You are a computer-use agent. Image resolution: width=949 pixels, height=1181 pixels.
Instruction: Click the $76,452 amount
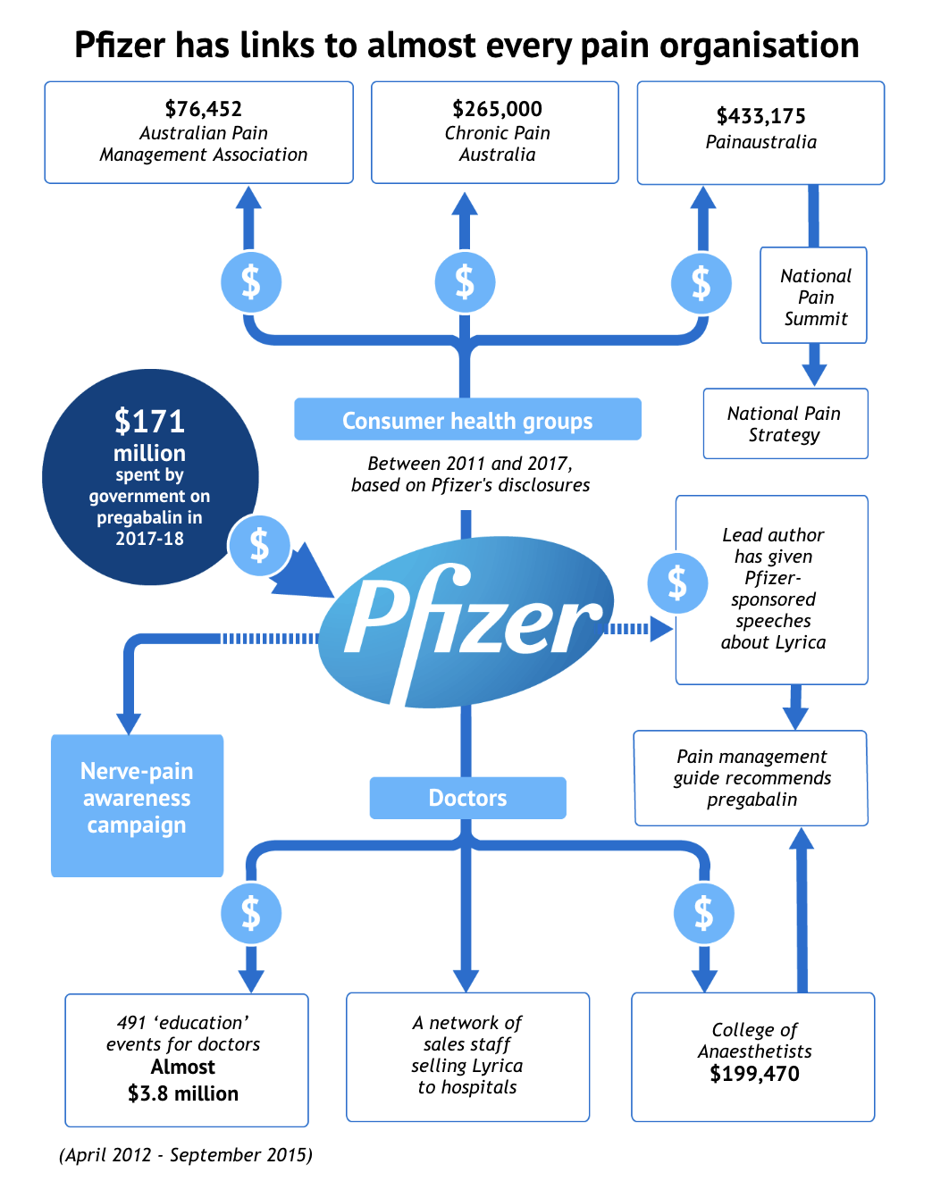(x=204, y=109)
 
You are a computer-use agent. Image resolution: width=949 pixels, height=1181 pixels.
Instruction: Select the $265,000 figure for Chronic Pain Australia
(x=497, y=109)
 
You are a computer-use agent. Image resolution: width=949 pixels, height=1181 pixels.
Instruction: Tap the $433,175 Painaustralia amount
(x=760, y=116)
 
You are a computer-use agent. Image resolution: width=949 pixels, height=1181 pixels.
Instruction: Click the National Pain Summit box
(x=815, y=297)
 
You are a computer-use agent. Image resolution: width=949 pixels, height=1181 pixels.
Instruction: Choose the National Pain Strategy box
(x=785, y=423)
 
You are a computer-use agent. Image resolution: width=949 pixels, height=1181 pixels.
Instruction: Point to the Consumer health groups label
(x=467, y=420)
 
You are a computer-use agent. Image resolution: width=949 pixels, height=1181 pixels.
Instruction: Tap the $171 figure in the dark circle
(x=149, y=421)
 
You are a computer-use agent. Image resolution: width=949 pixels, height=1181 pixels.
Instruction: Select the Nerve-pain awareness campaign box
(x=137, y=798)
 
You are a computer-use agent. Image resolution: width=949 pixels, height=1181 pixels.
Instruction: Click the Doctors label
(x=467, y=798)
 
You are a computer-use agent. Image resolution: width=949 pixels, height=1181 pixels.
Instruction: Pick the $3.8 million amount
(x=183, y=1093)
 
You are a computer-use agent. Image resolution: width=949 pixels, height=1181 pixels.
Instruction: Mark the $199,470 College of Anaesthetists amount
(x=754, y=1074)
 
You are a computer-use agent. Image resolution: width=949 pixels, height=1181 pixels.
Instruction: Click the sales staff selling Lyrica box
(x=467, y=1056)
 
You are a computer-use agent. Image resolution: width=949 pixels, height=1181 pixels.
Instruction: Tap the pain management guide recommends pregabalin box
(x=752, y=778)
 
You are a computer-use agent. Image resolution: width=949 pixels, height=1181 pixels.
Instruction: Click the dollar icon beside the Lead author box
(x=677, y=583)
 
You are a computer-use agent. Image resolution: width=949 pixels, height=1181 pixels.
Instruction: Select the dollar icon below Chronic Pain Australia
(x=465, y=282)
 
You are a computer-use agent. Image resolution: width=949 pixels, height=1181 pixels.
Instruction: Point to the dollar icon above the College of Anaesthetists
(x=704, y=913)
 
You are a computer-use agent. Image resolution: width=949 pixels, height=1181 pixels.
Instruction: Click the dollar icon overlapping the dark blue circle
(x=259, y=545)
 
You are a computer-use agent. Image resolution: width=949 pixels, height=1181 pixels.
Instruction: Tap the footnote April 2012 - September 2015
(x=186, y=1155)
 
